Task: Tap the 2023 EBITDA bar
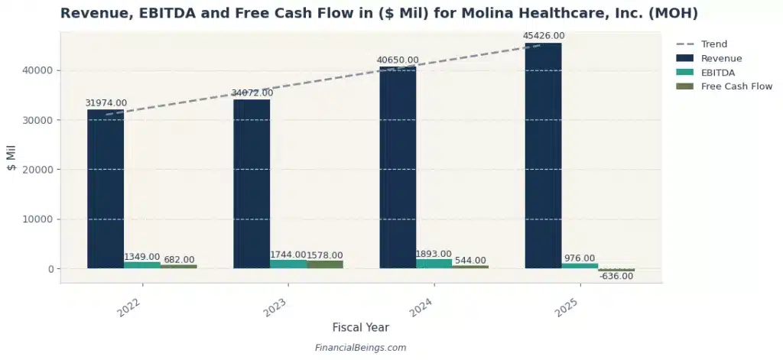tap(288, 264)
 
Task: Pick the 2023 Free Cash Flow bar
tap(325, 264)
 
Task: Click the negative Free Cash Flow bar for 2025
tap(616, 270)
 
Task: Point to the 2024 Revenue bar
tap(398, 167)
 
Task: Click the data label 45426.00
tap(543, 35)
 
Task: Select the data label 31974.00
tap(106, 103)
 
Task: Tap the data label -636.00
tap(616, 277)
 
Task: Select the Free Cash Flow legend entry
tap(736, 86)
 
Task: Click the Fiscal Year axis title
tap(360, 327)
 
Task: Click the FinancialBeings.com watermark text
tap(360, 348)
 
